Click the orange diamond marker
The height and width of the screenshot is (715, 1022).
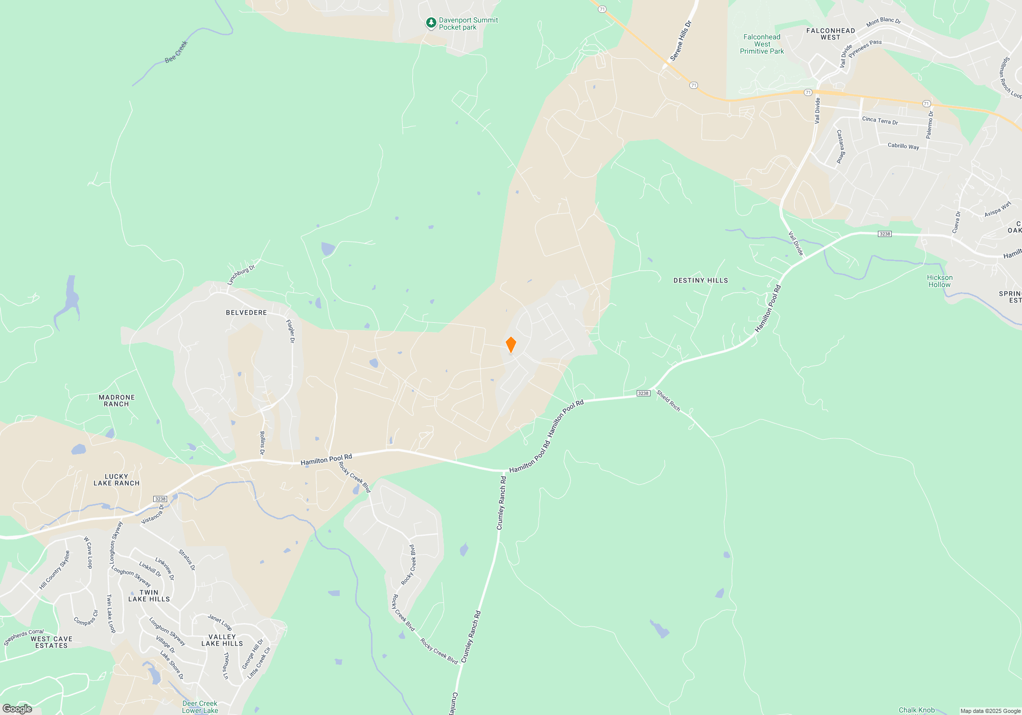[x=510, y=345]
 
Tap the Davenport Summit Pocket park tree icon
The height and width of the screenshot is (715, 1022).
[x=431, y=23]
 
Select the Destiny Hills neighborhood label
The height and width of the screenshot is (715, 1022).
[x=701, y=280]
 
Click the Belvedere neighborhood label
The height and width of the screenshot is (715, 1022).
[x=246, y=313]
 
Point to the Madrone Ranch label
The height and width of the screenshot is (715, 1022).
[x=117, y=400]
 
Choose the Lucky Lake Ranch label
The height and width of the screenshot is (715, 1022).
[x=117, y=480]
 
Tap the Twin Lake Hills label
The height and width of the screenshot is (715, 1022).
[x=149, y=595]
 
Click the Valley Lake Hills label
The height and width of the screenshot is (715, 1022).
[x=222, y=640]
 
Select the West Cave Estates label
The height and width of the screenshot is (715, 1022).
[x=52, y=642]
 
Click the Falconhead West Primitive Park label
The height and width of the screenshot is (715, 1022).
[x=762, y=44]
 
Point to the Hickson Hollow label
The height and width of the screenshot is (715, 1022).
[x=940, y=281]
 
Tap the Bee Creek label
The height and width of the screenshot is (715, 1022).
[x=176, y=52]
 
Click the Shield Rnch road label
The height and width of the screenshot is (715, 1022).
[x=668, y=400]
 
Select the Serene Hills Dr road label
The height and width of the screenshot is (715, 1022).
[x=681, y=41]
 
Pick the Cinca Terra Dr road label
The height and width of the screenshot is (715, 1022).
[x=880, y=121]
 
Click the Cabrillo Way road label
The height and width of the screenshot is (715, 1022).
[x=903, y=146]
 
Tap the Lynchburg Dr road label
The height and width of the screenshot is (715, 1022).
[x=241, y=275]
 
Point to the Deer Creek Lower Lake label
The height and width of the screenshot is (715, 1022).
[x=200, y=707]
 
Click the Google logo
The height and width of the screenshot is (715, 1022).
[x=17, y=708]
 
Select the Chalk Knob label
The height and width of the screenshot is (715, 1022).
[x=917, y=710]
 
